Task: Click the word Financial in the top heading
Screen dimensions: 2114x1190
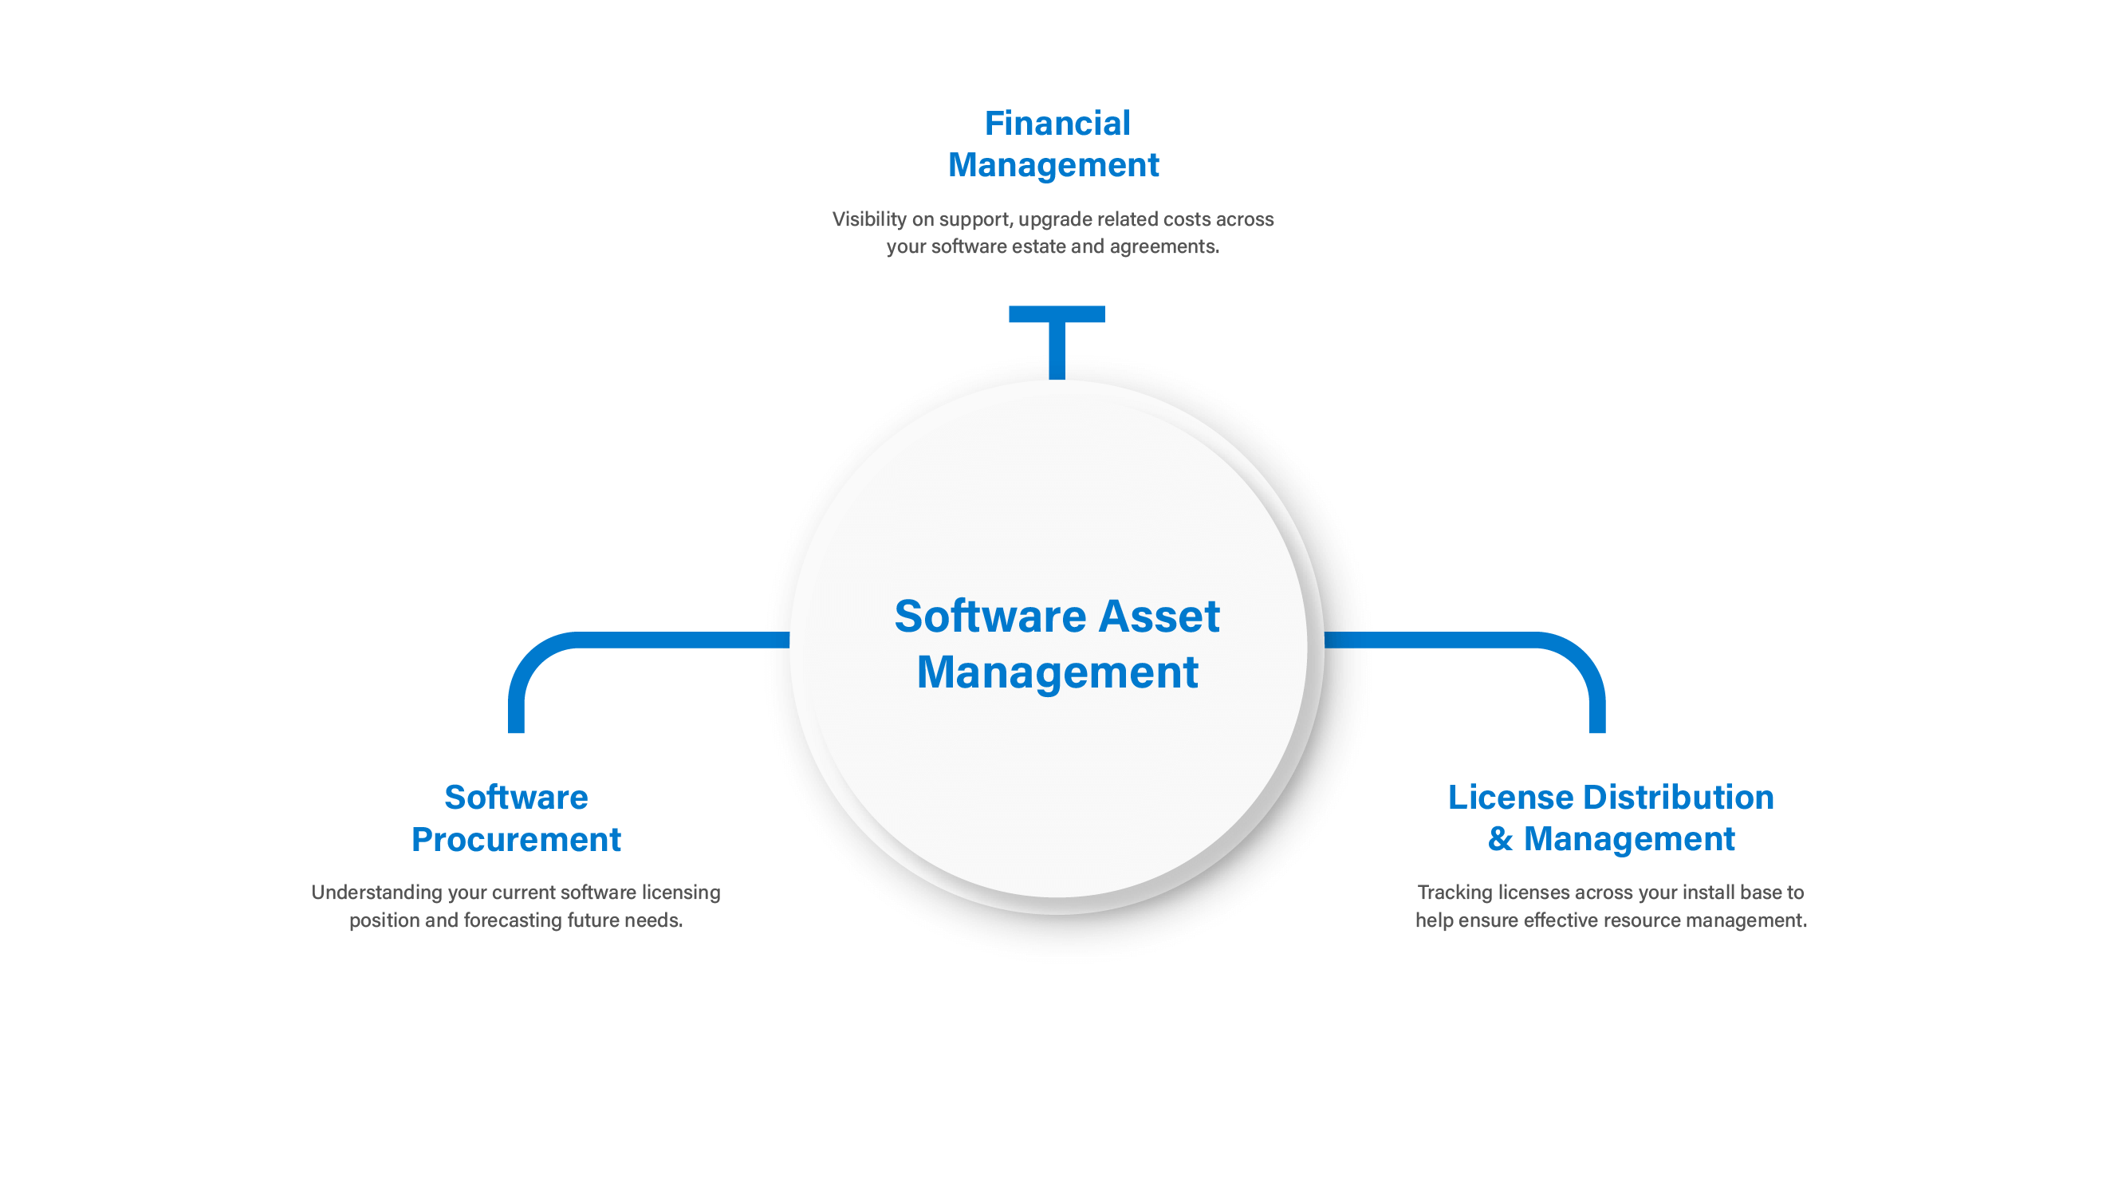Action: point(1057,123)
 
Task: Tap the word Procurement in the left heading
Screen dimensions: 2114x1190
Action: point(516,840)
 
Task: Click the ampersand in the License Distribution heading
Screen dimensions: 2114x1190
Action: point(1500,839)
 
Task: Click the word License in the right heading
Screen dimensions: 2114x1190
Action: point(1511,797)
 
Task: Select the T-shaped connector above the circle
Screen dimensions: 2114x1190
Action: point(1057,341)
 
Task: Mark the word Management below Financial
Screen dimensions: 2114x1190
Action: point(1053,166)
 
